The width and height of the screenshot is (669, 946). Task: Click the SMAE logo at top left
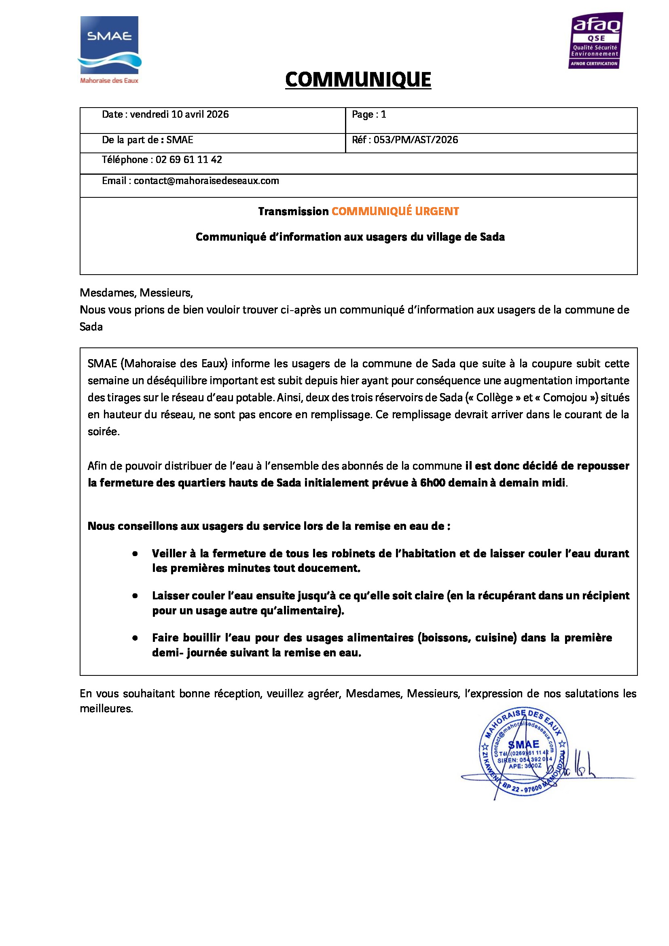pos(109,45)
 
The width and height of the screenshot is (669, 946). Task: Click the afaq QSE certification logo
pos(596,40)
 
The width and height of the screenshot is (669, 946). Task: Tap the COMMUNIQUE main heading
pos(358,80)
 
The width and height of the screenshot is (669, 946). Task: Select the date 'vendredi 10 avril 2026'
pos(179,114)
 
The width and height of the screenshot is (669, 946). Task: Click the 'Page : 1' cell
pos(369,114)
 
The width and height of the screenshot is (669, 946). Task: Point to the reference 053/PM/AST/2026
pos(415,140)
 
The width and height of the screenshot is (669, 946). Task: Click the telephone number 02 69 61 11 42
pos(188,160)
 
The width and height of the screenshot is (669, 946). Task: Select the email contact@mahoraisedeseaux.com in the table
pos(206,181)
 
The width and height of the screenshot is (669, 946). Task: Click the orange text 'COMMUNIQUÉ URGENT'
pos(395,212)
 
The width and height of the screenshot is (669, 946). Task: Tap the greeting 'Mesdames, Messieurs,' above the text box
pos(136,293)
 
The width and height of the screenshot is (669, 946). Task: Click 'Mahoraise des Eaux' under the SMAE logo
pos(109,81)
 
